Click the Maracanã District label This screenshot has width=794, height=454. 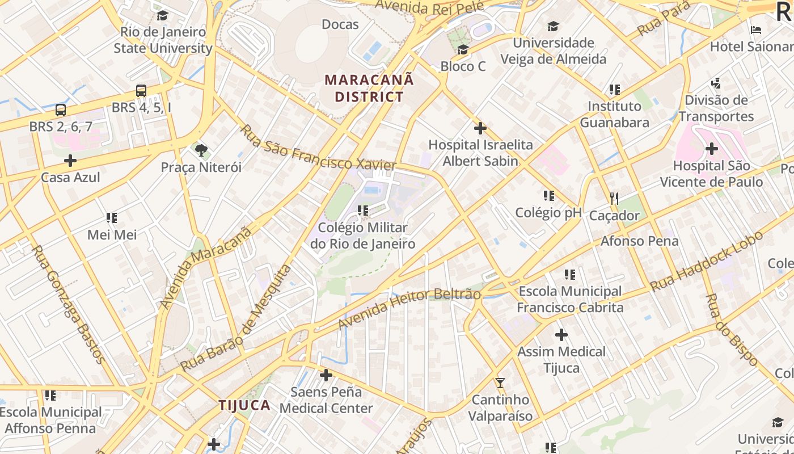pos(369,88)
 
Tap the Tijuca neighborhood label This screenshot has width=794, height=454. pos(244,405)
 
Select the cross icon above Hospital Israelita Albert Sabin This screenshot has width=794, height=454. pos(480,128)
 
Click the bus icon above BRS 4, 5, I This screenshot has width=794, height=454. pos(141,91)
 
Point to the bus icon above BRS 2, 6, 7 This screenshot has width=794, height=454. pos(61,110)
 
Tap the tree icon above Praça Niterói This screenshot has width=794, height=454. pos(201,150)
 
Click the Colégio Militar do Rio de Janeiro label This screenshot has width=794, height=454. pos(363,236)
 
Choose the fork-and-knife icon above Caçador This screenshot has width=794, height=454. pos(614,199)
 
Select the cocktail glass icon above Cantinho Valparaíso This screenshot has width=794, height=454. pos(500,383)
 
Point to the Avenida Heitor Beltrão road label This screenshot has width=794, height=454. pos(409,306)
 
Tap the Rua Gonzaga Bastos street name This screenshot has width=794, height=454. pos(68,304)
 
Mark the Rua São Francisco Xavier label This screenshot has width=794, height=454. pos(318,148)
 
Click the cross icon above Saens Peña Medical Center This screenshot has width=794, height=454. pos(326,375)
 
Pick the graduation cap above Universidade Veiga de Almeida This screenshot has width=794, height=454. pos(553,26)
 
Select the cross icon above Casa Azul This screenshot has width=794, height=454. pos(70,161)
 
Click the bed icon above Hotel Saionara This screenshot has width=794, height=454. pos(756,30)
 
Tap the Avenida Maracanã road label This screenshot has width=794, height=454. pos(205,267)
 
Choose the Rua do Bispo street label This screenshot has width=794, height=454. pos(732,329)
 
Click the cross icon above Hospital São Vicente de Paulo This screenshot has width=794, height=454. pos(712,149)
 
